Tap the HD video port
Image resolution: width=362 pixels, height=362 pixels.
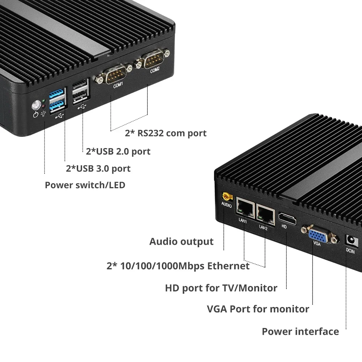[287, 219]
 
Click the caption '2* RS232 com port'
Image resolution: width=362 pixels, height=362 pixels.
[165, 133]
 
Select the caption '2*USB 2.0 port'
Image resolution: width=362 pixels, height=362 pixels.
[118, 151]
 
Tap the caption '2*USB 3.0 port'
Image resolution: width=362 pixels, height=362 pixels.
[98, 168]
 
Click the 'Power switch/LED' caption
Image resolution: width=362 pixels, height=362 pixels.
[85, 185]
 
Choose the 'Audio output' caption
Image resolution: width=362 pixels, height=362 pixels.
[181, 241]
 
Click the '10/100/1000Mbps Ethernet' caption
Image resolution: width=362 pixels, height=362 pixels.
[178, 266]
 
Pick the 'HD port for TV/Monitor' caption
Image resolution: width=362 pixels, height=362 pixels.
[221, 288]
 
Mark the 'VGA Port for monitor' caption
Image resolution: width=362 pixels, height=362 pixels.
[258, 309]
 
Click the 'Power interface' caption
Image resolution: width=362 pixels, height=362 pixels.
[300, 331]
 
